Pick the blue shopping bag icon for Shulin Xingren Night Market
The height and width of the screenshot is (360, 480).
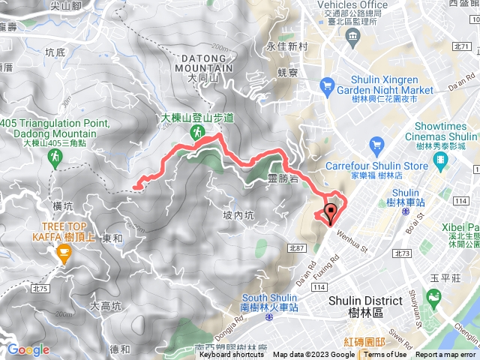(x=328, y=86)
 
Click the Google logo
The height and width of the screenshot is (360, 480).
(x=28, y=349)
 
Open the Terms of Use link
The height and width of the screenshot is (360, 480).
(x=385, y=355)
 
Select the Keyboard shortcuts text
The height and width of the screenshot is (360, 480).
(x=232, y=355)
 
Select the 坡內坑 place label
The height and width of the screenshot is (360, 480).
(x=238, y=215)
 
